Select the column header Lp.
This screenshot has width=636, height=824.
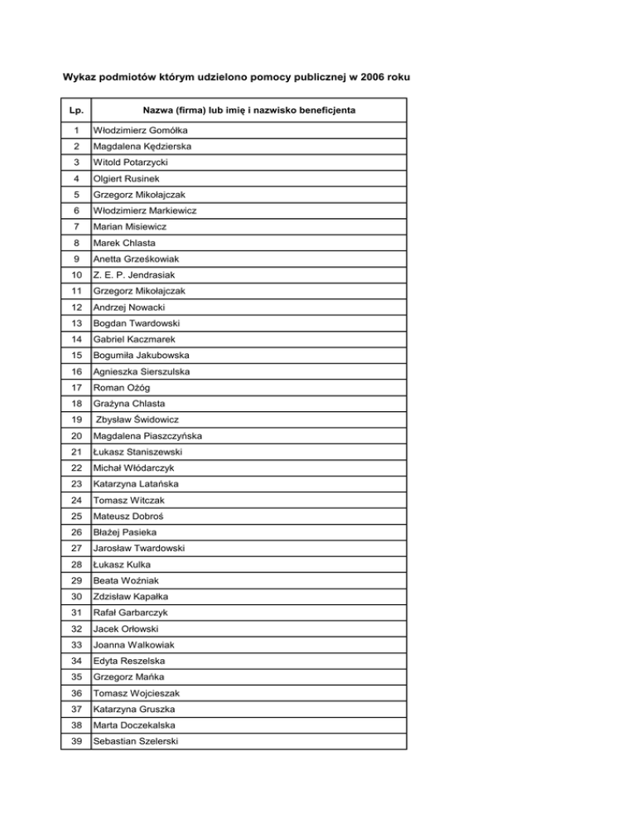[76, 109]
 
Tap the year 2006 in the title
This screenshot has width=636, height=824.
[364, 78]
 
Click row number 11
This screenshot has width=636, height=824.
[76, 291]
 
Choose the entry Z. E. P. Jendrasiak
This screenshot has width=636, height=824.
[132, 275]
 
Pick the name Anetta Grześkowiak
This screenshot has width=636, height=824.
[137, 259]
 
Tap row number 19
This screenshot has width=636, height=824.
[76, 419]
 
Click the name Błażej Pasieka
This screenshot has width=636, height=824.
[123, 532]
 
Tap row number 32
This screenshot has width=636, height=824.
[76, 628]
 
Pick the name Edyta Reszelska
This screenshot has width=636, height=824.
[129, 661]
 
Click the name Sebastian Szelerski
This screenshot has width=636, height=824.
[134, 741]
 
